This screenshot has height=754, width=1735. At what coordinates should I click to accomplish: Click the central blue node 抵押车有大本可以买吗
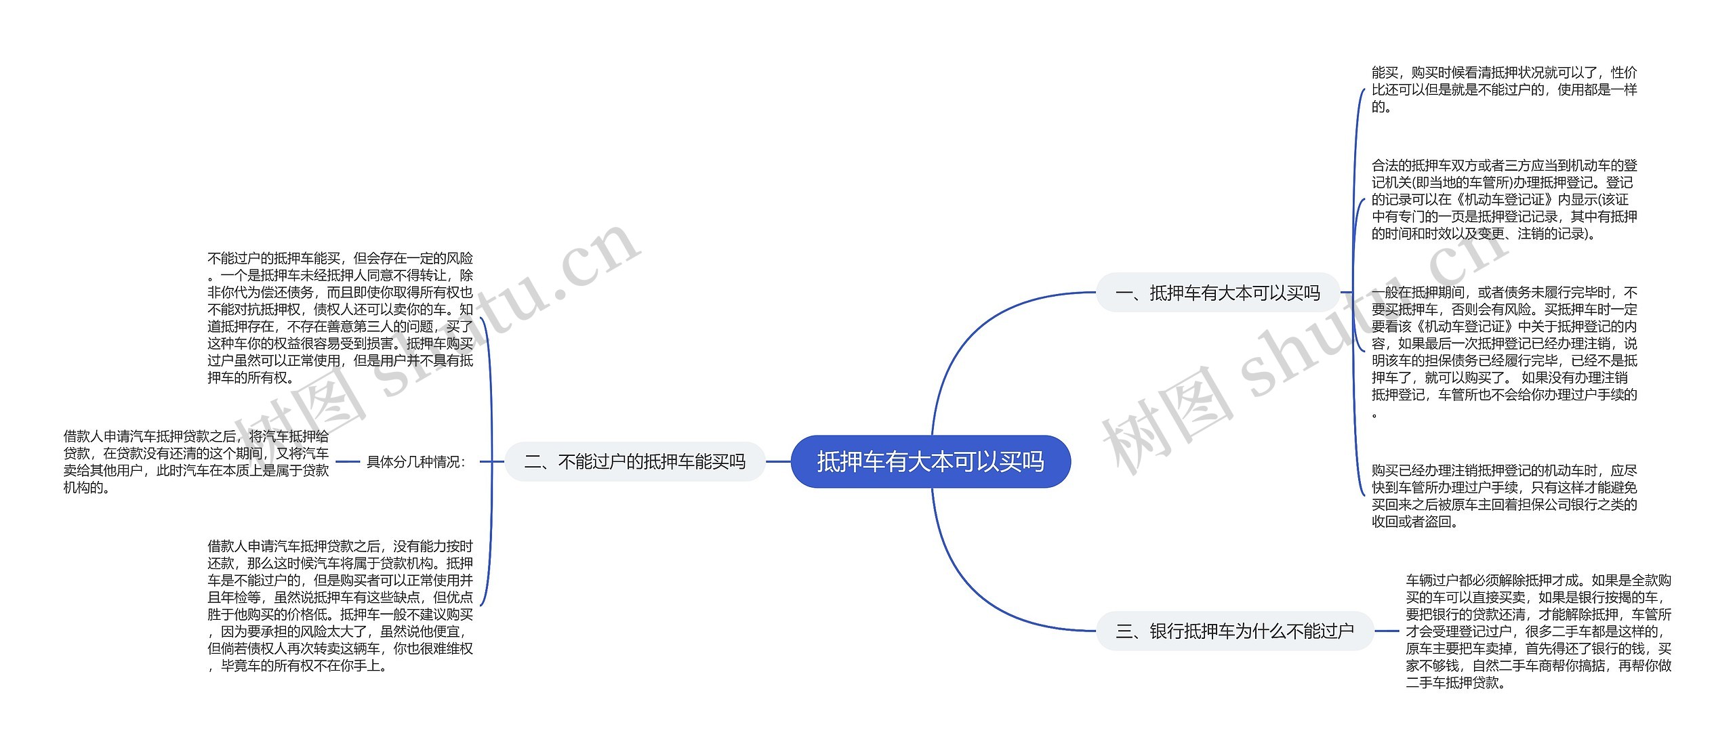pos(930,461)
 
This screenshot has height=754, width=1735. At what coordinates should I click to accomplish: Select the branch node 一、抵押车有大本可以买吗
pos(1217,293)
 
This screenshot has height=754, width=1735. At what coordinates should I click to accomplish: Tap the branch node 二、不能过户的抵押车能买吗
pos(634,461)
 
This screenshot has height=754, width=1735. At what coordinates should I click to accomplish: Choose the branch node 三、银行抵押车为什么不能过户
pos(1234,631)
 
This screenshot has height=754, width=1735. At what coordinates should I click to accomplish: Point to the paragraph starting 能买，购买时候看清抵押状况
pos(1504,89)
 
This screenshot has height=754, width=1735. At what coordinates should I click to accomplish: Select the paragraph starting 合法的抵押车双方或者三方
pos(1504,199)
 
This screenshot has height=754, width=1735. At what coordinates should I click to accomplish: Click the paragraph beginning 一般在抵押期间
pos(1504,352)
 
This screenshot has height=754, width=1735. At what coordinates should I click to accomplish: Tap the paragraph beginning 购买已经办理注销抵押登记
pos(1504,495)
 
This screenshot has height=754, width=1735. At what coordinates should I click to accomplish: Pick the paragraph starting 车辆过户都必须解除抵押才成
pos(1538,631)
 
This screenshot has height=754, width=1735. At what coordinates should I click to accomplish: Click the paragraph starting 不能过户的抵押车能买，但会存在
pos(340,318)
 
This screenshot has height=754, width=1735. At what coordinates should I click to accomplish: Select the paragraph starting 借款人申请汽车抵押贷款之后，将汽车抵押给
pos(196,461)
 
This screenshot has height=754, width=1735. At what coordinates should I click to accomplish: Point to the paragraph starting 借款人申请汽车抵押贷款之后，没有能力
pos(340,606)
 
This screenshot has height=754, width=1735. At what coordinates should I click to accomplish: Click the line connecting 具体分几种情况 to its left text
pos(347,462)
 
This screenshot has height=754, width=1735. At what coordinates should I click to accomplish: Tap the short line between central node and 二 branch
pos(778,462)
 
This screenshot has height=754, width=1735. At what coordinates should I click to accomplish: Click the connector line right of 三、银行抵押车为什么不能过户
pos(1387,631)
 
